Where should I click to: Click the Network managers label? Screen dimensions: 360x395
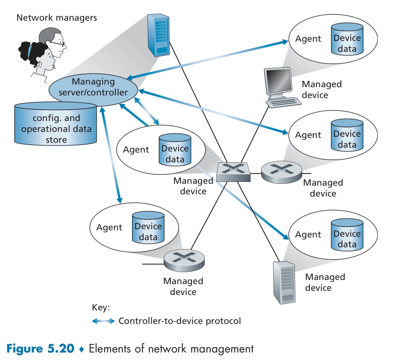pos(56,17)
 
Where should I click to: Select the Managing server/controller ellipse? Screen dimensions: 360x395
pos(94,87)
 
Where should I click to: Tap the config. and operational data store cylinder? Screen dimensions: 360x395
pos(56,126)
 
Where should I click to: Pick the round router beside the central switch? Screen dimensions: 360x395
pos(281,172)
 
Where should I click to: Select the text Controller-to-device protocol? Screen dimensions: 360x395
pos(179,321)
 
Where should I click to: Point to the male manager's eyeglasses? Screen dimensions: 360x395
pos(59,44)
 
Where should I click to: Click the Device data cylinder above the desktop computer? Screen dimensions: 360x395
pos(347,39)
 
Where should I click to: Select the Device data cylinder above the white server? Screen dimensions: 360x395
pos(347,234)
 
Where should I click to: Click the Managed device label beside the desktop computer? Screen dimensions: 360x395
pos(322,89)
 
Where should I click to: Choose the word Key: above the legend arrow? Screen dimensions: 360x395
pos(100,307)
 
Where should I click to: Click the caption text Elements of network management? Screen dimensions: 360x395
pos(171,348)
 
